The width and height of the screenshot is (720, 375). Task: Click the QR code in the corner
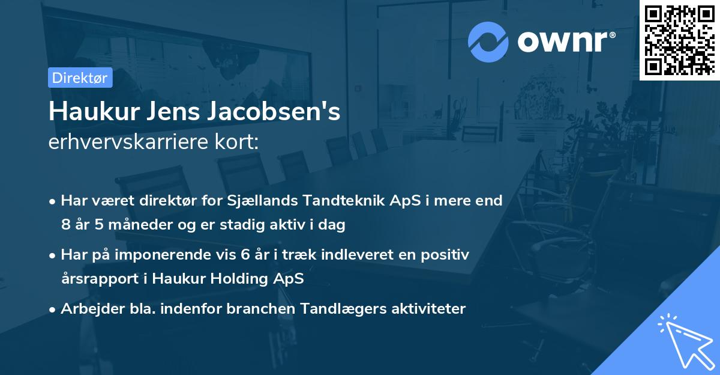679,40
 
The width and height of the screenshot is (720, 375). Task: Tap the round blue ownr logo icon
488,41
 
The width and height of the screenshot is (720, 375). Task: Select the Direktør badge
80,78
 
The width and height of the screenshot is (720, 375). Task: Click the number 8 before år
65,225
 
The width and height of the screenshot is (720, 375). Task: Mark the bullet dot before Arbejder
53,309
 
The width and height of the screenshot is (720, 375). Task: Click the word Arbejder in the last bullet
88,309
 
